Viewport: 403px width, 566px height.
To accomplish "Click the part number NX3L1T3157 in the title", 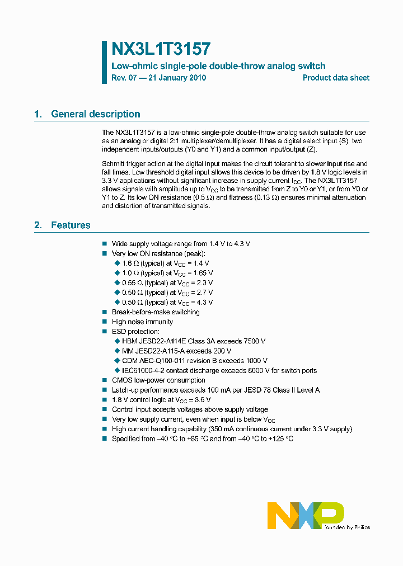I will click(161, 49).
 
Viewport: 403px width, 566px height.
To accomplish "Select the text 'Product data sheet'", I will click(336, 78).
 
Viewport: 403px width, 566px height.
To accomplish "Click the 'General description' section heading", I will click(95, 114).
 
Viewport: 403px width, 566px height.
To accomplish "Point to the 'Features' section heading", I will click(71, 225).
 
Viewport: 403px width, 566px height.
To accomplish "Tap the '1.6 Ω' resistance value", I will click(129, 263).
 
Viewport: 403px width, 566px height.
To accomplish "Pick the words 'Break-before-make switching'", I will click(156, 312).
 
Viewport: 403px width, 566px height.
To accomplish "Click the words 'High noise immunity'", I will click(142, 322).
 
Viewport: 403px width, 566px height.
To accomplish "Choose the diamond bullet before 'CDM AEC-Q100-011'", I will click(117, 361).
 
